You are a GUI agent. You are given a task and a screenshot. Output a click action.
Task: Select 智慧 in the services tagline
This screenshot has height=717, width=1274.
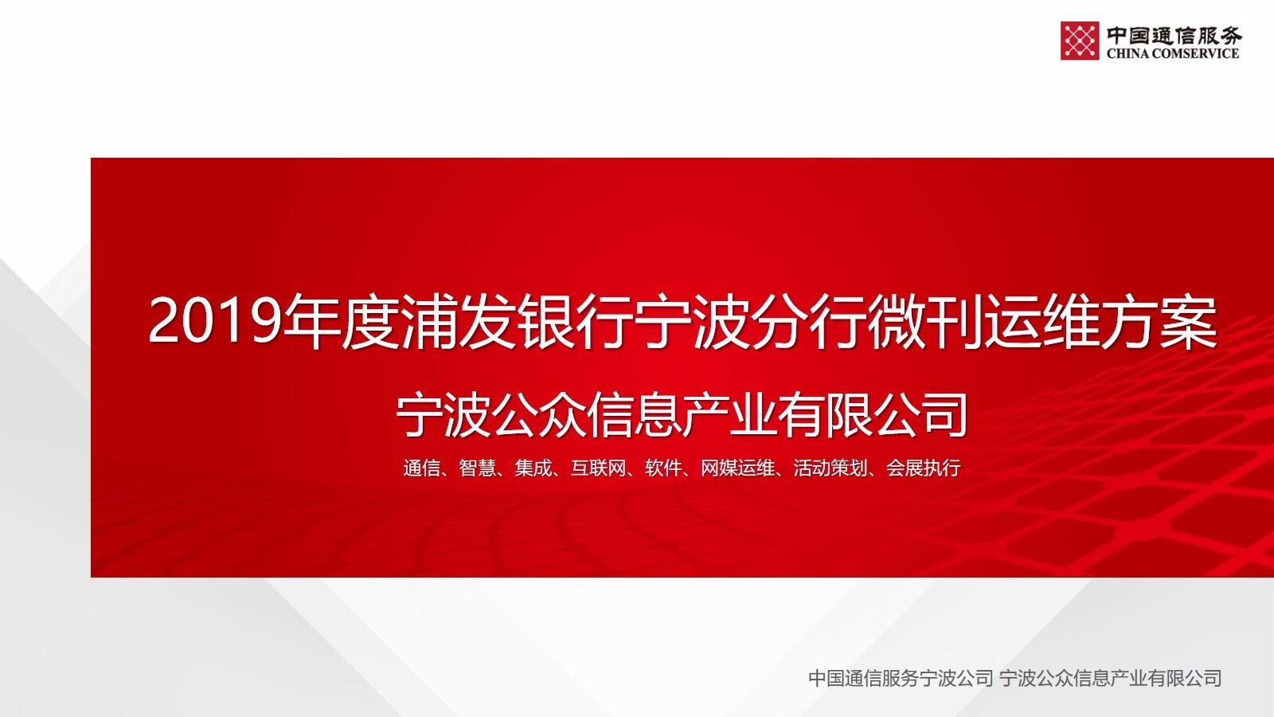pyautogui.click(x=477, y=468)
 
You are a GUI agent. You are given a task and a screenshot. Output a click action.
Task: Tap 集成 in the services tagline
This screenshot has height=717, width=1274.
pyautogui.click(x=533, y=468)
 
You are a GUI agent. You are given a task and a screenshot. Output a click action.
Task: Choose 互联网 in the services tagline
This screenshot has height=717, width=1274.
pyautogui.click(x=598, y=468)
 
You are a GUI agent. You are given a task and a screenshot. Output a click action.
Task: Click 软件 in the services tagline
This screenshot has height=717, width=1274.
pyautogui.click(x=663, y=468)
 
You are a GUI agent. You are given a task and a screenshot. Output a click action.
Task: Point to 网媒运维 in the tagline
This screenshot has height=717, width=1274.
pyautogui.click(x=737, y=468)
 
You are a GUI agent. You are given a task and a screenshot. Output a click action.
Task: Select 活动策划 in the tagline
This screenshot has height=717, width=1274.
pyautogui.click(x=830, y=468)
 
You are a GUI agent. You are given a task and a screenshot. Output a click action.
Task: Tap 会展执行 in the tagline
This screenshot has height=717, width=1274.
pyautogui.click(x=924, y=468)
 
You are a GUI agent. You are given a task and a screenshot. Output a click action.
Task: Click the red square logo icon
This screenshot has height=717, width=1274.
pyautogui.click(x=1079, y=41)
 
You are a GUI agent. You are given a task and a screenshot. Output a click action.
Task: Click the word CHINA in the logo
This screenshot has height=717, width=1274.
pyautogui.click(x=1127, y=53)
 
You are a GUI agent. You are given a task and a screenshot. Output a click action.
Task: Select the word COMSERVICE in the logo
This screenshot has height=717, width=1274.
pyautogui.click(x=1195, y=53)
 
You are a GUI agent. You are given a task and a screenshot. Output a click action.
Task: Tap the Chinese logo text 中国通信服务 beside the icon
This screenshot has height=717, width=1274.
pyautogui.click(x=1174, y=34)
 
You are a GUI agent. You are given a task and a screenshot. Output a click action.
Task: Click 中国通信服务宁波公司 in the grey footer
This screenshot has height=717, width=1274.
pyautogui.click(x=901, y=678)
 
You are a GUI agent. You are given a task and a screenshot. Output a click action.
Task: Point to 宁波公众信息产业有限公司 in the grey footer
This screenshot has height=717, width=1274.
pyautogui.click(x=1111, y=678)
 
